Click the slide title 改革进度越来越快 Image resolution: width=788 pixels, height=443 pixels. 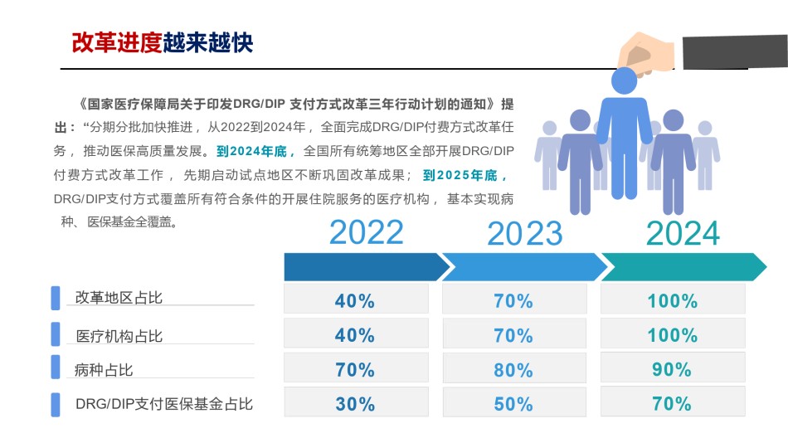[x=162, y=42]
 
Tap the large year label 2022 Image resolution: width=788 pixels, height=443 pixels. [x=367, y=232]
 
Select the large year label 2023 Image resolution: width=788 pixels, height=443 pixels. [x=525, y=233]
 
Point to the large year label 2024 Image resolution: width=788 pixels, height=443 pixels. [x=683, y=233]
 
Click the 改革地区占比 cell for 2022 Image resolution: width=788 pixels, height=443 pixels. [x=356, y=299]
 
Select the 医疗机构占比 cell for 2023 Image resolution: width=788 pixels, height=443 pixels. [x=514, y=333]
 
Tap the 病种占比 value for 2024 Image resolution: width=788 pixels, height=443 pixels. [x=672, y=369]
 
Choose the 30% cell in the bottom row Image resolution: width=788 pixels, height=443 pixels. [x=356, y=403]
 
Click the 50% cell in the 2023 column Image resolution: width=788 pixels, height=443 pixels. [x=514, y=403]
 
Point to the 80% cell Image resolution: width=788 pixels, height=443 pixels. [x=514, y=368]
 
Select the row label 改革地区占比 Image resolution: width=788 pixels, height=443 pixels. [x=119, y=298]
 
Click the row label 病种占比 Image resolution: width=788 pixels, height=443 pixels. [x=104, y=370]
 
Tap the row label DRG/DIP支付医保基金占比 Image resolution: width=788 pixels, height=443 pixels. [x=164, y=404]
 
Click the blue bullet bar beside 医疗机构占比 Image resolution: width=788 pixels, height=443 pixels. [x=56, y=333]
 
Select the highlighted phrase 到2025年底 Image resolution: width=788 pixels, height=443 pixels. [x=465, y=175]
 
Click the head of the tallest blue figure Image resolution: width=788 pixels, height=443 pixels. [x=624, y=80]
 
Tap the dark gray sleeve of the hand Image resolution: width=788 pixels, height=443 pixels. [x=735, y=51]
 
